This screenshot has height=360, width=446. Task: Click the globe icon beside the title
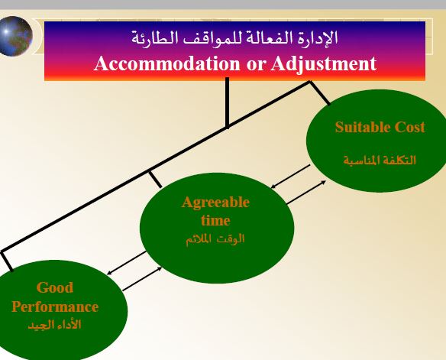[15, 36]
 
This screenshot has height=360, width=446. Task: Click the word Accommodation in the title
[167, 63]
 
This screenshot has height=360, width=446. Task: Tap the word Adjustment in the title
[324, 63]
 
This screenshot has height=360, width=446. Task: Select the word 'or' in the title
[256, 65]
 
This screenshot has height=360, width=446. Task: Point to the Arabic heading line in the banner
[234, 38]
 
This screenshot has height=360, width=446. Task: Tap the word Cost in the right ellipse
[409, 127]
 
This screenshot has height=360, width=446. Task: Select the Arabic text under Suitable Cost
[380, 161]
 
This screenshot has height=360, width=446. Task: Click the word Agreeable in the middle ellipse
[215, 203]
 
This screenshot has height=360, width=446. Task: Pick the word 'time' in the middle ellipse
[215, 221]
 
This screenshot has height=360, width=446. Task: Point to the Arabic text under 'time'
[215, 239]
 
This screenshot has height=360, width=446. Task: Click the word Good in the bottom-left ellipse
[55, 287]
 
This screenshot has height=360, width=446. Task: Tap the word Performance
[55, 306]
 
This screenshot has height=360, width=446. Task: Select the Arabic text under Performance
[55, 324]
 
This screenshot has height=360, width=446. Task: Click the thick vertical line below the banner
[227, 102]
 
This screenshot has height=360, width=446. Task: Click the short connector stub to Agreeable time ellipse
[155, 179]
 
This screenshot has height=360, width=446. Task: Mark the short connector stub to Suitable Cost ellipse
[320, 92]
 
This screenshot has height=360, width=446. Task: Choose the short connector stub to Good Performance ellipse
[6, 261]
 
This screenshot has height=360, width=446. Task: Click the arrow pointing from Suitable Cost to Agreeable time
[290, 177]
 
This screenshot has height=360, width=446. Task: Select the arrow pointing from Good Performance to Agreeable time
[142, 279]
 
